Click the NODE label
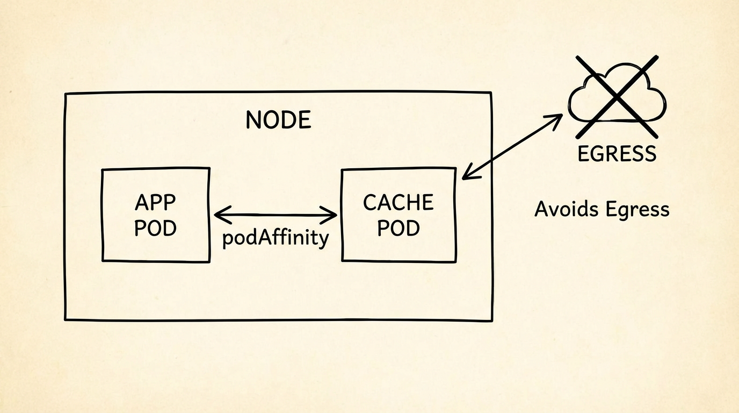point(278,120)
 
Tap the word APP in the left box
point(155,203)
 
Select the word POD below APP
point(155,229)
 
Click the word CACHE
point(398,203)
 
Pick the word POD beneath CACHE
point(398,229)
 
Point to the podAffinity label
point(276,238)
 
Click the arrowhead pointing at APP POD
point(217,215)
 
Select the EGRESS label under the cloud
point(617,154)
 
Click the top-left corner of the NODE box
point(66,94)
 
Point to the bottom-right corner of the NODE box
point(491,321)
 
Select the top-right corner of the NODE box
point(491,92)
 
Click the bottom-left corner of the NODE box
point(66,319)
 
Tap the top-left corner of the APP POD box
point(102,170)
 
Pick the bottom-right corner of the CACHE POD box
point(455,262)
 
